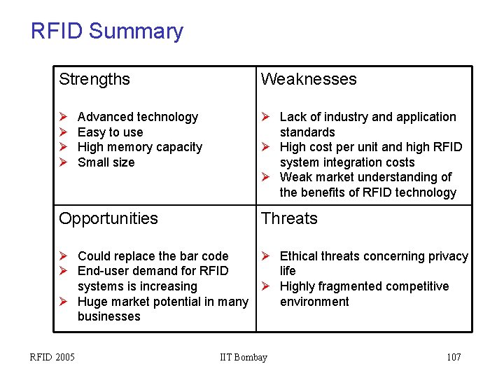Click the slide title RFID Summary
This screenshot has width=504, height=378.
[x=106, y=31]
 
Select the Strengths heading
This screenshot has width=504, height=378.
[x=94, y=79]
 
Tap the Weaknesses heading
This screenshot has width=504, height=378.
[x=309, y=79]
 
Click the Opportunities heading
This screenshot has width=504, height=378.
[x=108, y=218]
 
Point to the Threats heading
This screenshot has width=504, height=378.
[x=289, y=218]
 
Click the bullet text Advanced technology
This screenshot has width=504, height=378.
[x=137, y=117]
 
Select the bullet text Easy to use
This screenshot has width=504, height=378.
[x=110, y=132]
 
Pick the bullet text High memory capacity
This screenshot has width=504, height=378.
[x=139, y=147]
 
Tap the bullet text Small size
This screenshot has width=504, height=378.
[x=106, y=162]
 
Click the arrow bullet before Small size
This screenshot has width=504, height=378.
[x=63, y=162]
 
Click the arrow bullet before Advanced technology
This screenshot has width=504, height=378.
[x=63, y=117]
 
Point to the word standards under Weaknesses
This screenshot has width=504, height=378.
[x=307, y=132]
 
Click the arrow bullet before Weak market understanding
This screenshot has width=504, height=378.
[x=265, y=177]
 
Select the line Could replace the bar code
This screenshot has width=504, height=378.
[x=153, y=256]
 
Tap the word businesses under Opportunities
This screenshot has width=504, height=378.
[x=108, y=316]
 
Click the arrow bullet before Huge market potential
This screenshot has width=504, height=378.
[x=63, y=302]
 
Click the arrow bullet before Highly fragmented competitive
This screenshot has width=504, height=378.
[x=265, y=286]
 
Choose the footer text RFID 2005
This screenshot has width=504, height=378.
[x=52, y=358]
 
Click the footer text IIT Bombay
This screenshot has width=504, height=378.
[x=243, y=358]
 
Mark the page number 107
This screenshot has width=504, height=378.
[x=454, y=358]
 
